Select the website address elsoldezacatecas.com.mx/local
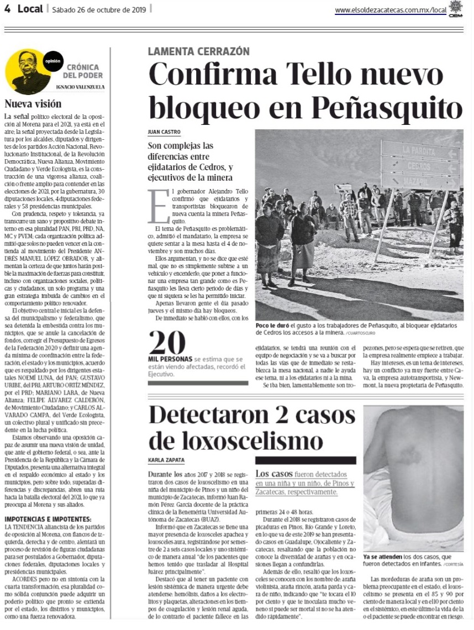pyautogui.click(x=390, y=10)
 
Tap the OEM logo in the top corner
pyautogui.click(x=456, y=8)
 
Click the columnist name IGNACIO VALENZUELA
pyautogui.click(x=82, y=87)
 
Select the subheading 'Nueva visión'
pyautogui.click(x=33, y=103)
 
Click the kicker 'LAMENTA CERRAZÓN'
pyautogui.click(x=198, y=51)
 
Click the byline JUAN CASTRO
pyautogui.click(x=164, y=132)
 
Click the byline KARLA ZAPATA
pyautogui.click(x=166, y=460)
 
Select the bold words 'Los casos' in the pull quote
pyautogui.click(x=271, y=474)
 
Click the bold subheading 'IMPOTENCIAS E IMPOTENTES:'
pyautogui.click(x=48, y=519)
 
